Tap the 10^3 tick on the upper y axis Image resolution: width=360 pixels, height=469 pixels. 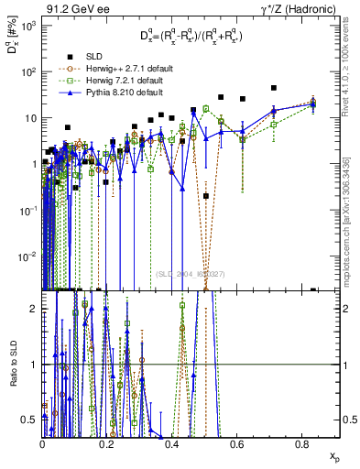click(27, 26)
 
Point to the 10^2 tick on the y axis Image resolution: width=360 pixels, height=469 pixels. click(27, 71)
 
